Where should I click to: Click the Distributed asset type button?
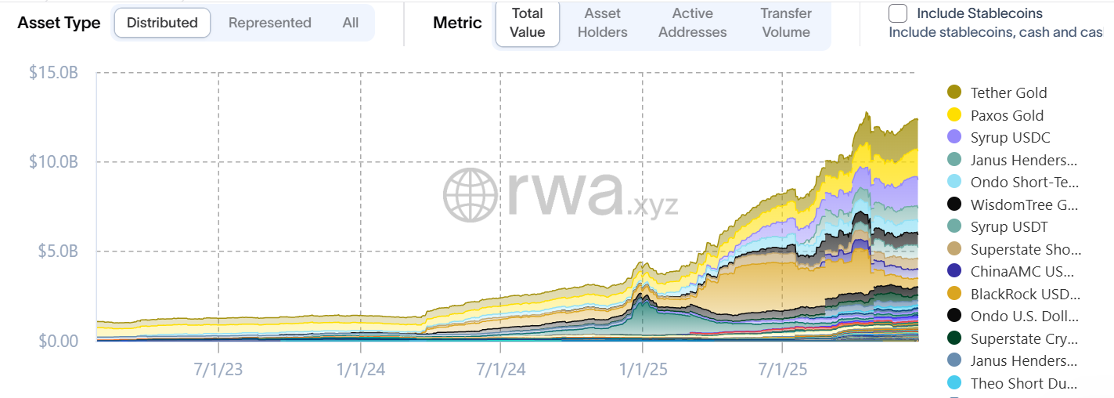pyautogui.click(x=162, y=23)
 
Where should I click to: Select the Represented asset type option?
pyautogui.click(x=269, y=23)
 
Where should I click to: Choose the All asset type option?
pyautogui.click(x=350, y=23)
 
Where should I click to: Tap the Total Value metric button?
pyautogui.click(x=527, y=23)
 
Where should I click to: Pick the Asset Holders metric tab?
pyautogui.click(x=602, y=23)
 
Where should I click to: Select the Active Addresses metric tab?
pyautogui.click(x=692, y=23)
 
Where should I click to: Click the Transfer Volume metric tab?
pyautogui.click(x=785, y=23)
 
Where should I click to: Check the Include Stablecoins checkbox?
pyautogui.click(x=898, y=13)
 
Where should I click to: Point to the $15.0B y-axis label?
pyautogui.click(x=53, y=73)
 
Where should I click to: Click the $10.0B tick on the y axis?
pyautogui.click(x=53, y=162)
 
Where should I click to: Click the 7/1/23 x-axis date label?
pyautogui.click(x=218, y=369)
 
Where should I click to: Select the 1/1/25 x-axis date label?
pyautogui.click(x=643, y=369)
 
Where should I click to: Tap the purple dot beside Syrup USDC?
pyautogui.click(x=954, y=137)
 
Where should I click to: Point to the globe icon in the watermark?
pyautogui.click(x=470, y=194)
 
